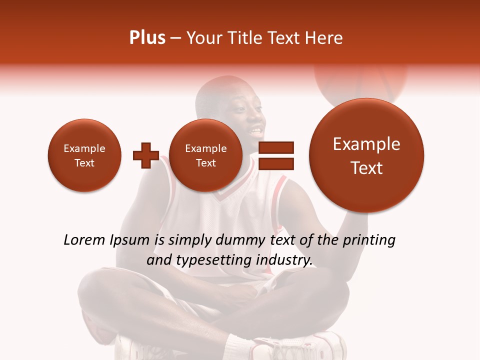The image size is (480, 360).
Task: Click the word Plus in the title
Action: pyautogui.click(x=147, y=38)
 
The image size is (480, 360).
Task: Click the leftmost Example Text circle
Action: pyautogui.click(x=84, y=155)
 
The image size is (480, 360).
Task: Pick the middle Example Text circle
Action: pyautogui.click(x=205, y=155)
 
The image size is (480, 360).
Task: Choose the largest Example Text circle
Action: pyautogui.click(x=366, y=155)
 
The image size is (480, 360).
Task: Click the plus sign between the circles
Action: pyautogui.click(x=145, y=155)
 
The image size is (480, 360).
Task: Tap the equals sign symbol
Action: pyautogui.click(x=276, y=155)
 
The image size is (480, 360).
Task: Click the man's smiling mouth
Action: pyautogui.click(x=255, y=132)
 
